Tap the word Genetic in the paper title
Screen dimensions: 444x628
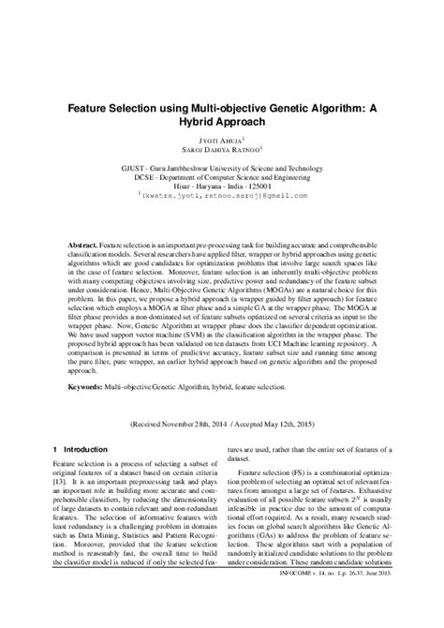(x=287, y=107)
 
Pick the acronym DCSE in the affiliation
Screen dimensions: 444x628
(x=153, y=177)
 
